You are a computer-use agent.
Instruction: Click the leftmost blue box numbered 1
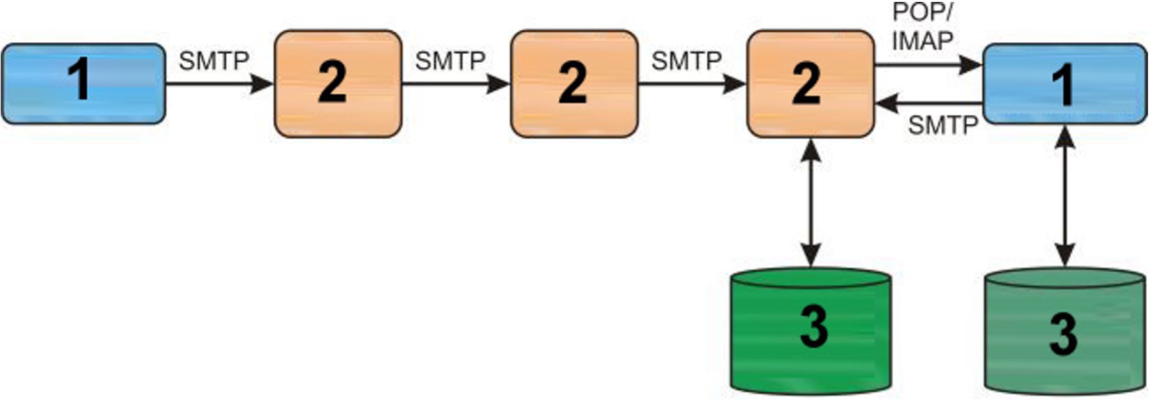83,83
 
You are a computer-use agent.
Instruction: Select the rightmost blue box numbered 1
1064,83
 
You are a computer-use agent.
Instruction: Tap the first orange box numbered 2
338,83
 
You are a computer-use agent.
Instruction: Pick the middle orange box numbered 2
574,83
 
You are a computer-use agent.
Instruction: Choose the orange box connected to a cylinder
810,83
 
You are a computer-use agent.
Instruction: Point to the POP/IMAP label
922,27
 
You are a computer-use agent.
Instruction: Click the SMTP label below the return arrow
943,124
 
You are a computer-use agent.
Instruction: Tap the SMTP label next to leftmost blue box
214,61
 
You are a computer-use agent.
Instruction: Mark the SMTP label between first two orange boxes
450,61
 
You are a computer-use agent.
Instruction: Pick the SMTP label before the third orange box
686,61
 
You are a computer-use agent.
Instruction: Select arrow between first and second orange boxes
456,84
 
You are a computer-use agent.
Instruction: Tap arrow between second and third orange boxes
692,84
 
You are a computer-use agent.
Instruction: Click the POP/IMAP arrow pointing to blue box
928,65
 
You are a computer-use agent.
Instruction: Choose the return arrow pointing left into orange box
928,103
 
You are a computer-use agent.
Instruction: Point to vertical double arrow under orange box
810,202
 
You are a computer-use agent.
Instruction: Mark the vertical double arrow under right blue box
1064,196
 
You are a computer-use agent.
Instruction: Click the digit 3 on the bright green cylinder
814,325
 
